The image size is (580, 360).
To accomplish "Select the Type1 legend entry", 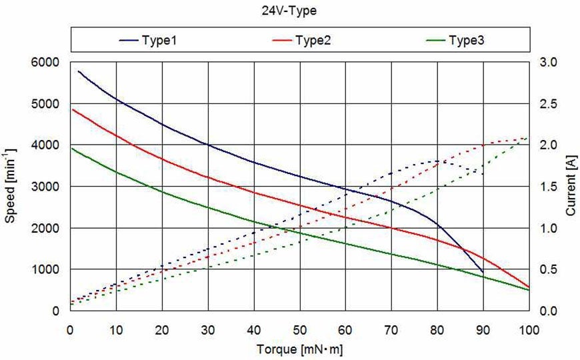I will click(158, 40).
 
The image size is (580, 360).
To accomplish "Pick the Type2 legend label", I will click(313, 40).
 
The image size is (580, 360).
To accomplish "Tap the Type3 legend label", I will click(466, 40).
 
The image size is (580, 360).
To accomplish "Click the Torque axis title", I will click(299, 349).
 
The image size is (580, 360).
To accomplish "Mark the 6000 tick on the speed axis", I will click(47, 62).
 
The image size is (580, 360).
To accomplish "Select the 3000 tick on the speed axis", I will click(47, 187).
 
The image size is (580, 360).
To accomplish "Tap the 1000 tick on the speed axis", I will click(47, 269).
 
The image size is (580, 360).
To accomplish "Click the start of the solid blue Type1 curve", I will click(79, 71).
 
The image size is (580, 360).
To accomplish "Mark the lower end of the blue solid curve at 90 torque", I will click(483, 272).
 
